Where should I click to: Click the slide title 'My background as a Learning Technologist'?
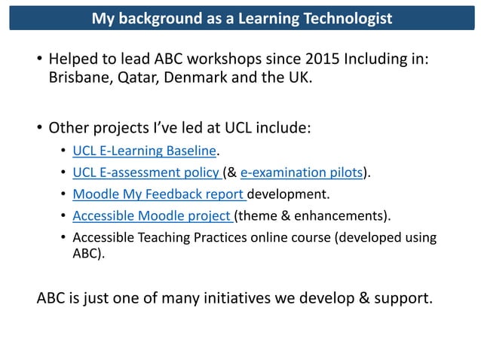(x=241, y=17)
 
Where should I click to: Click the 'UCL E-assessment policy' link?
(x=146, y=174)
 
